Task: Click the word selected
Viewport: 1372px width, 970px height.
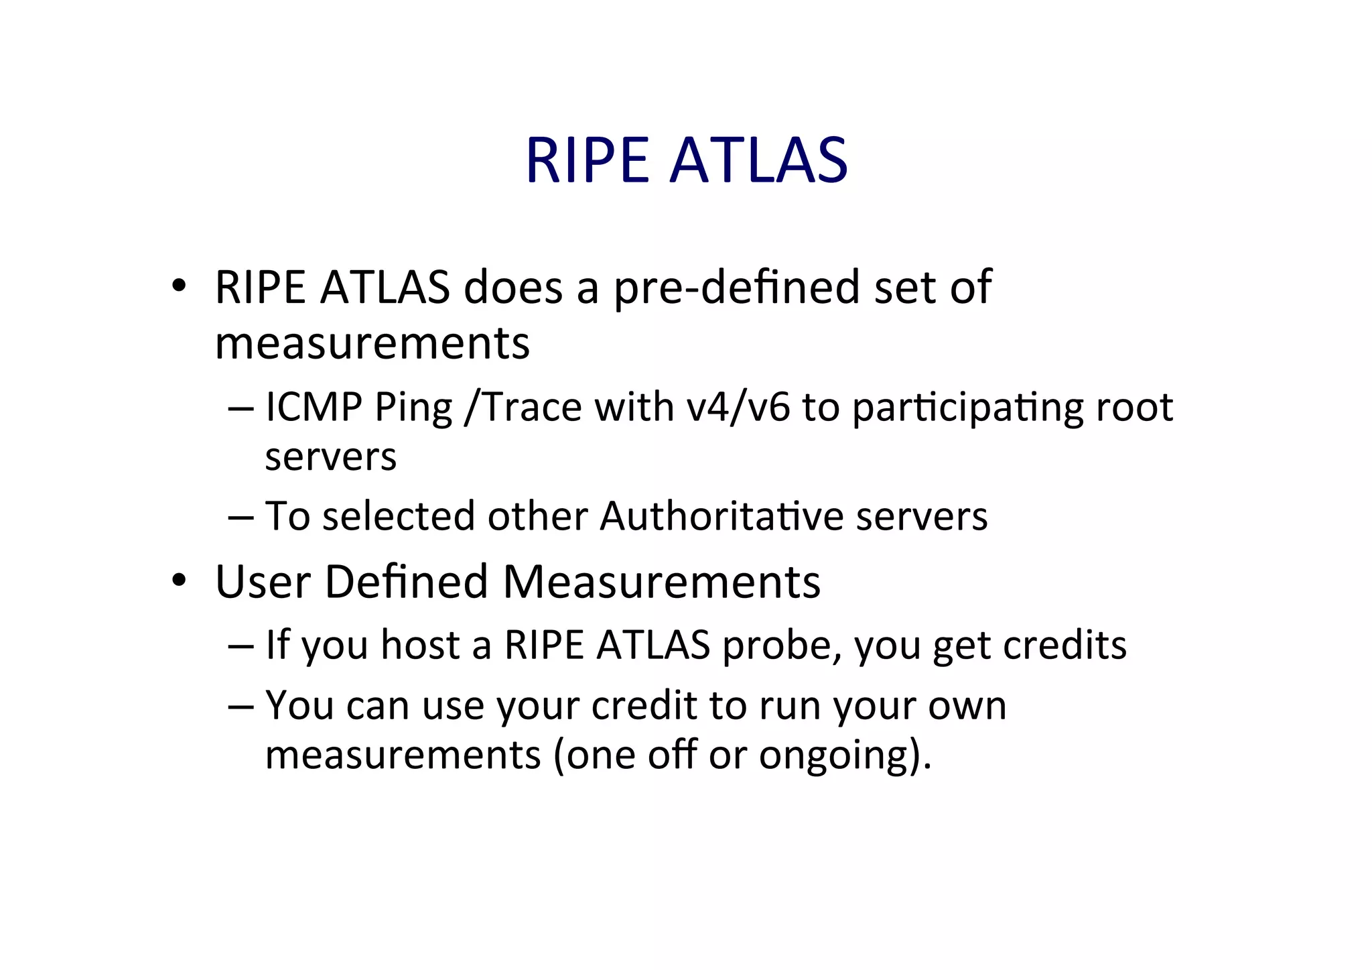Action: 399,516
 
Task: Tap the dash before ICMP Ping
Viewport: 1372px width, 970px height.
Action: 241,408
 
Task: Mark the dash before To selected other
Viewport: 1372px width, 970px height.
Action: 241,517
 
